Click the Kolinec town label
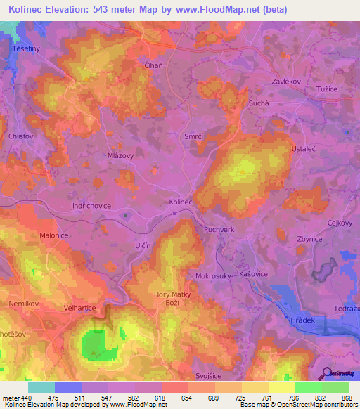[181, 202]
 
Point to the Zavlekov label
[286, 82]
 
